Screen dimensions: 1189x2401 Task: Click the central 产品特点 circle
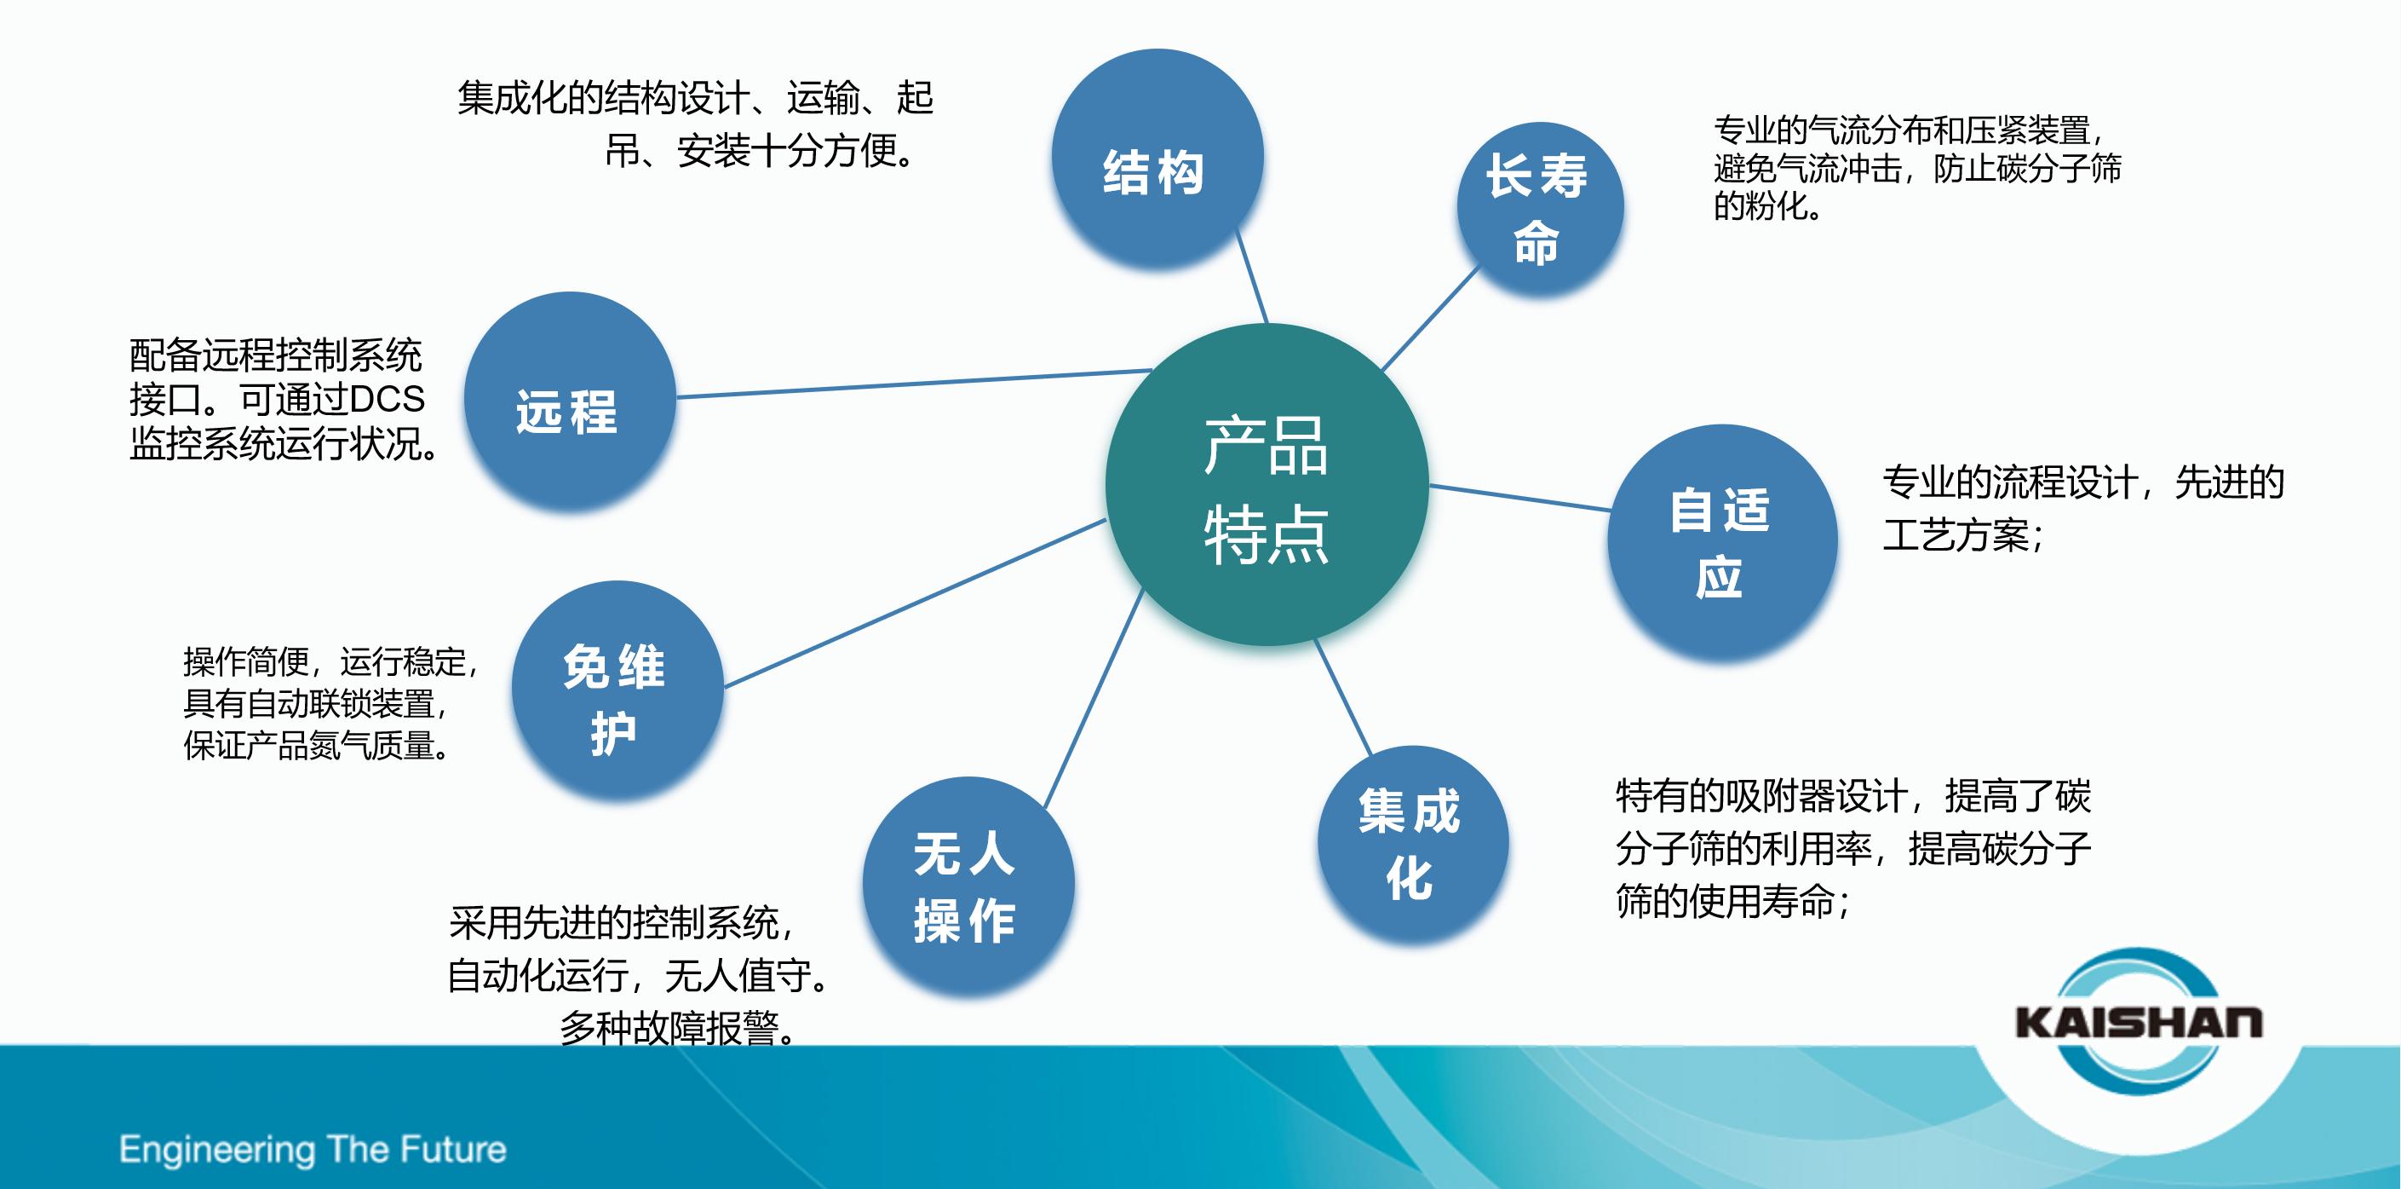click(1267, 485)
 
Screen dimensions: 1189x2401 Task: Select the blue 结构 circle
click(1157, 159)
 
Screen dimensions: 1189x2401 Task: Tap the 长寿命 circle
click(1539, 209)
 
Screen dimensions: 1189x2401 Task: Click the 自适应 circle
click(1721, 543)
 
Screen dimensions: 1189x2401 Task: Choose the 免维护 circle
click(617, 690)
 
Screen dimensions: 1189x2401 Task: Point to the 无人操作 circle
click(968, 886)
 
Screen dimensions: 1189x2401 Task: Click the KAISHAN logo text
click(2138, 1022)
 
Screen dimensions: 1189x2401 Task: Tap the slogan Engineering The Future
click(313, 1149)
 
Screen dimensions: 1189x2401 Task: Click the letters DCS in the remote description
click(387, 399)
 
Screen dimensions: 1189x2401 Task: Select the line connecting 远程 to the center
click(913, 384)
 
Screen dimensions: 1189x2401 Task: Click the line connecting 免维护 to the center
click(913, 603)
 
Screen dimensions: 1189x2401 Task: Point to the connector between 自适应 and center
click(1519, 498)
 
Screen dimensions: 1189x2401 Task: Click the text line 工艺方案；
click(1963, 535)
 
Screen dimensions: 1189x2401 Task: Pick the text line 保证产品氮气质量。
click(317, 745)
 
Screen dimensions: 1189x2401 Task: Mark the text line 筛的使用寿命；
click(1732, 901)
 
